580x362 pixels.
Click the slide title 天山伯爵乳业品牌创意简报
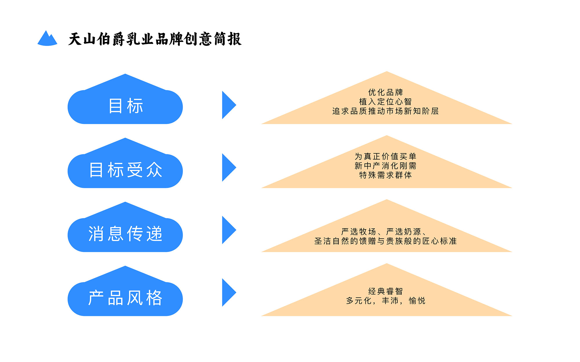(x=155, y=39)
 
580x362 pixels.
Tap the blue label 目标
(x=125, y=106)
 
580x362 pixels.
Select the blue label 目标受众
(x=125, y=170)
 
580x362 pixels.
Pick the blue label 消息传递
(x=125, y=234)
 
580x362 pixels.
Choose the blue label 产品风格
(x=125, y=298)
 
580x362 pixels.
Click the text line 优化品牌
(x=385, y=92)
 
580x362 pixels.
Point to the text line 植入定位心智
(x=385, y=102)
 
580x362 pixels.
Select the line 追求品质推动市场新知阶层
(x=385, y=111)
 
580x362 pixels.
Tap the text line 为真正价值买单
(x=385, y=156)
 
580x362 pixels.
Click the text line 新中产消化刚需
(x=385, y=166)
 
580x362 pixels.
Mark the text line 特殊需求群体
(x=385, y=175)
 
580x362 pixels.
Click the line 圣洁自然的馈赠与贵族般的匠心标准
(x=385, y=241)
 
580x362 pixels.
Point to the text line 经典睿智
(x=385, y=291)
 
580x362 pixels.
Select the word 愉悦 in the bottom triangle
(x=417, y=301)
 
